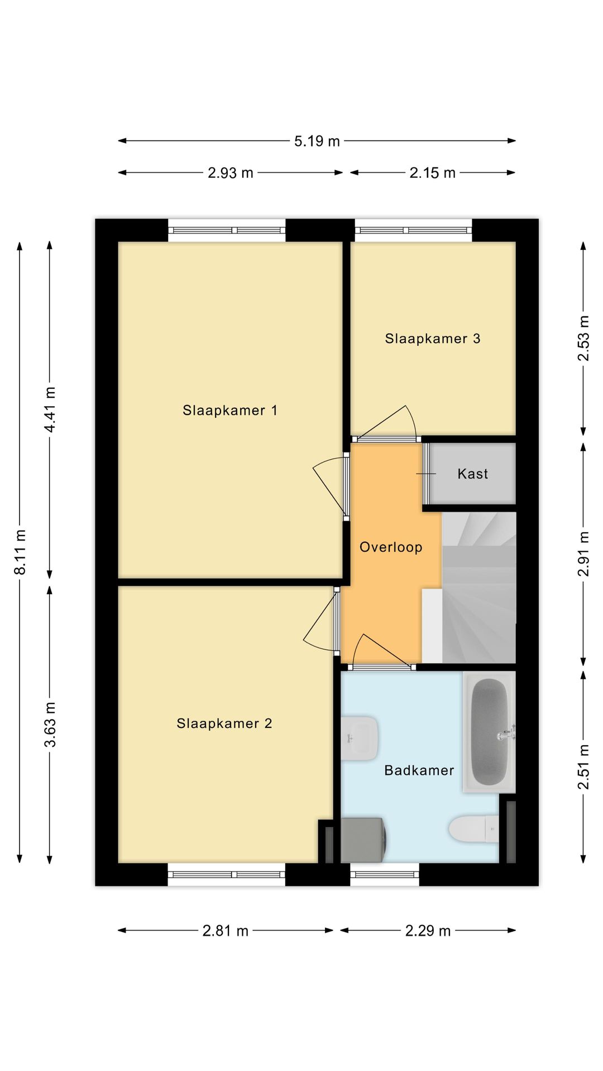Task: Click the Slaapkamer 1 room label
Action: coord(229,411)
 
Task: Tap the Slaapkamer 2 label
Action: coord(224,723)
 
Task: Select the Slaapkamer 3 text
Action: coord(433,339)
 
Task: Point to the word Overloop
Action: coord(391,547)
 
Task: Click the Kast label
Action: coord(473,474)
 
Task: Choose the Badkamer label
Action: coord(419,770)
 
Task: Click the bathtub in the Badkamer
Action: coord(489,732)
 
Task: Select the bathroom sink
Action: coord(360,739)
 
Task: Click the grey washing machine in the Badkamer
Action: coord(363,840)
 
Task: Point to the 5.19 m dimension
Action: coord(317,141)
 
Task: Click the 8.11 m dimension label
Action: coord(20,552)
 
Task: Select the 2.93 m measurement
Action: coord(231,173)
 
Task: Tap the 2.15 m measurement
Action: coord(433,173)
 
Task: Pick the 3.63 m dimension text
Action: coord(50,725)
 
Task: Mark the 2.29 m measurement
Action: coord(428,931)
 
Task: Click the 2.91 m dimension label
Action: coord(583,554)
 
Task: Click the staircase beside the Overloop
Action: coord(478,588)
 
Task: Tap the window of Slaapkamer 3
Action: coord(413,230)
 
